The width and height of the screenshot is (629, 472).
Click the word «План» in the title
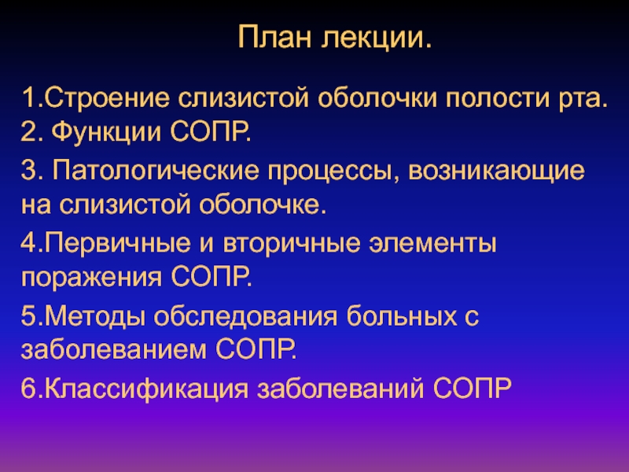(274, 37)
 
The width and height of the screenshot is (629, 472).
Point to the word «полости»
(497, 98)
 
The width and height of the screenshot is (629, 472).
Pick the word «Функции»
(106, 132)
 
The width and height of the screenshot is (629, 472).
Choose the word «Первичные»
(117, 244)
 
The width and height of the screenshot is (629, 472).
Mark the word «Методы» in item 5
(94, 317)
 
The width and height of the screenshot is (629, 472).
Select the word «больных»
(402, 316)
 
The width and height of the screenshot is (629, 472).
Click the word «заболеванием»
(114, 349)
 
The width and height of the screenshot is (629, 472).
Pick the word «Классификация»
(146, 389)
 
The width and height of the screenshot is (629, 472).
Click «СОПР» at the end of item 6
(473, 388)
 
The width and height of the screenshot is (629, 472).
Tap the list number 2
(29, 132)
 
